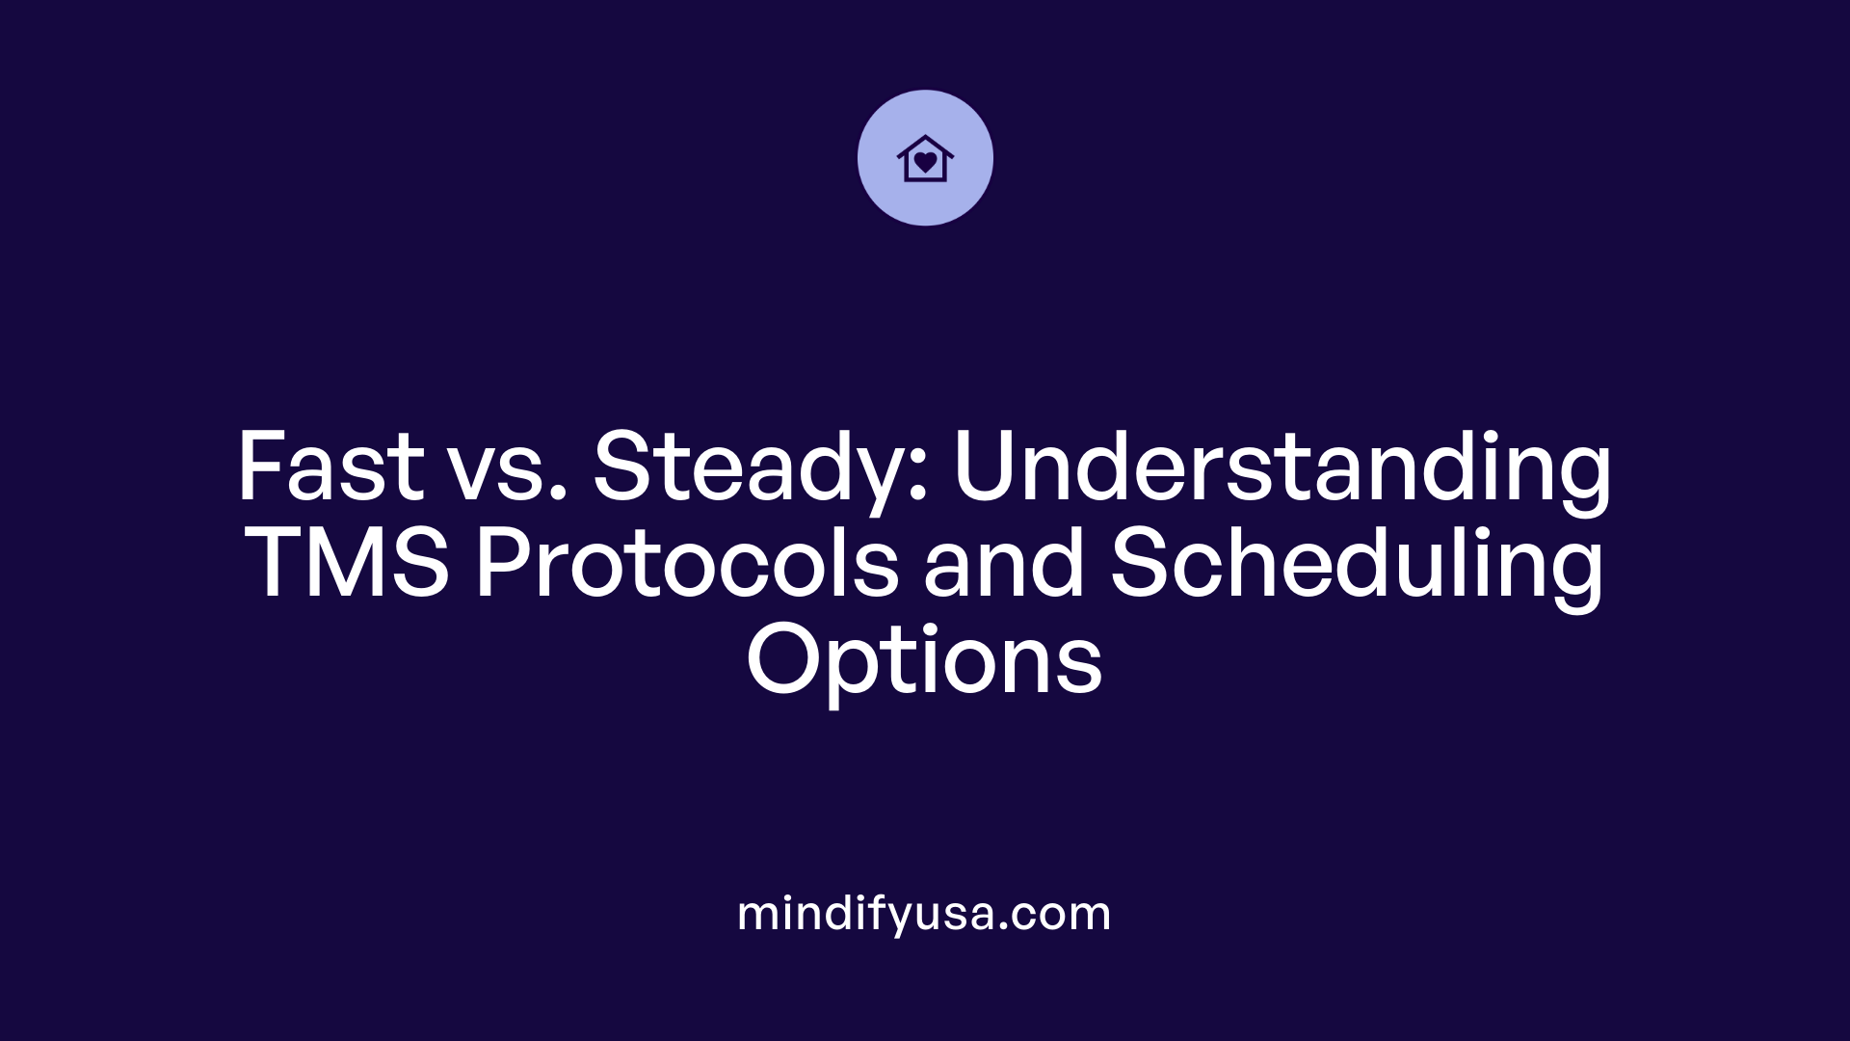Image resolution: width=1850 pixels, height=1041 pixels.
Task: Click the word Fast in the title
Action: click(x=330, y=467)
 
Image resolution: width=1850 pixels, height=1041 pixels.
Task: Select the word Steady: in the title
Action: click(x=760, y=469)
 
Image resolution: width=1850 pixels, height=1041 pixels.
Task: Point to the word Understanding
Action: click(x=1282, y=469)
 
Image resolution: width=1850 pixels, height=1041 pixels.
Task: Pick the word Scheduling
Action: click(x=1357, y=567)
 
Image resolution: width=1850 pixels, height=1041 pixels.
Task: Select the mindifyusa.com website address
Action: click(x=924, y=914)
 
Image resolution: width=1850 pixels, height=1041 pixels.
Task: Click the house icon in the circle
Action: click(x=925, y=158)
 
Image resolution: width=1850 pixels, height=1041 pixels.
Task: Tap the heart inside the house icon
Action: click(x=925, y=162)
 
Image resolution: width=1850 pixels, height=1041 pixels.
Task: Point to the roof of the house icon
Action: click(x=925, y=143)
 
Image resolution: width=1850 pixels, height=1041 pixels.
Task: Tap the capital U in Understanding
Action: click(x=988, y=467)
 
